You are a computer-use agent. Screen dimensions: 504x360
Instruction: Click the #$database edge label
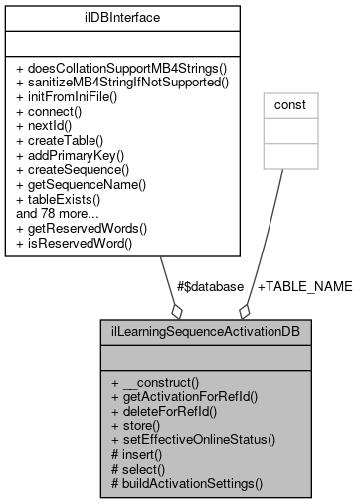pyautogui.click(x=209, y=286)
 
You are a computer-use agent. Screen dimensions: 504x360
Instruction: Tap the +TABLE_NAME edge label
pyautogui.click(x=304, y=286)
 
